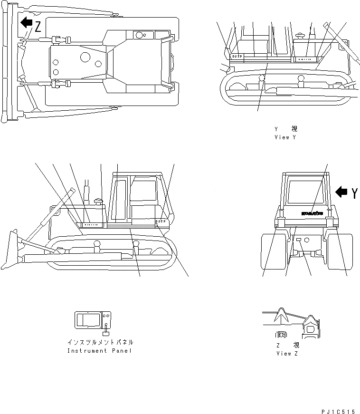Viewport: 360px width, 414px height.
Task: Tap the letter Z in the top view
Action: pos(38,27)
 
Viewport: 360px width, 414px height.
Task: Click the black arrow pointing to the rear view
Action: pos(341,192)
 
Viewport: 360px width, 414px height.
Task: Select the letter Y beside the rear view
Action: pos(355,193)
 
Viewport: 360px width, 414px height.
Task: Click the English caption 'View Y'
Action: pos(285,137)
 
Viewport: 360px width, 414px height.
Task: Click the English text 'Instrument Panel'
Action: pos(100,351)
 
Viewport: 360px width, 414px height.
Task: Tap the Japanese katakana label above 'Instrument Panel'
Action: pos(100,342)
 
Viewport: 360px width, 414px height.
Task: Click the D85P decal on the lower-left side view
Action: pos(161,221)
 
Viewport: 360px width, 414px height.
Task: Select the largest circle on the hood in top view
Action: pos(85,58)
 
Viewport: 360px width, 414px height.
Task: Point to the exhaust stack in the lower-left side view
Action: pos(87,191)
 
